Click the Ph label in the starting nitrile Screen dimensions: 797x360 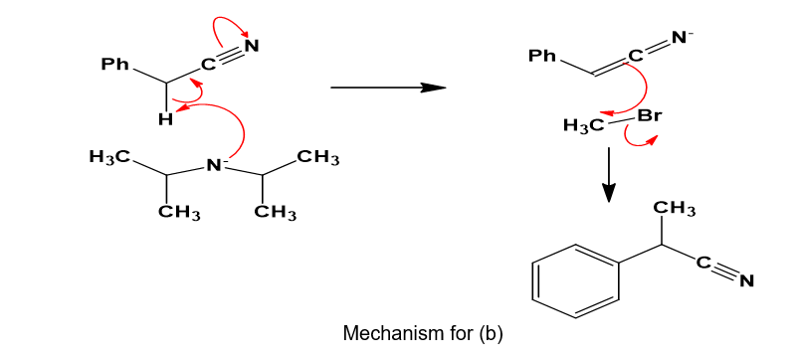114,65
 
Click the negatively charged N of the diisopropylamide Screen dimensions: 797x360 215,164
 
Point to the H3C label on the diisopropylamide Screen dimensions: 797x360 108,157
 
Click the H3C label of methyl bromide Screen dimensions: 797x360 583,125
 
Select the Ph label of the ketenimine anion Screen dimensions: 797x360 543,56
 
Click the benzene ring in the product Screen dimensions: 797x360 576,280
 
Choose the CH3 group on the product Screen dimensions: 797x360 673,209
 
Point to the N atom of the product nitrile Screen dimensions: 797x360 746,281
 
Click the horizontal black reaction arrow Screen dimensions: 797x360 388,88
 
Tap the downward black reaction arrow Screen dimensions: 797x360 608,174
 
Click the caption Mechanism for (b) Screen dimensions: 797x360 423,333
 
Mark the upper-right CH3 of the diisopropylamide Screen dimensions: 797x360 319,158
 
